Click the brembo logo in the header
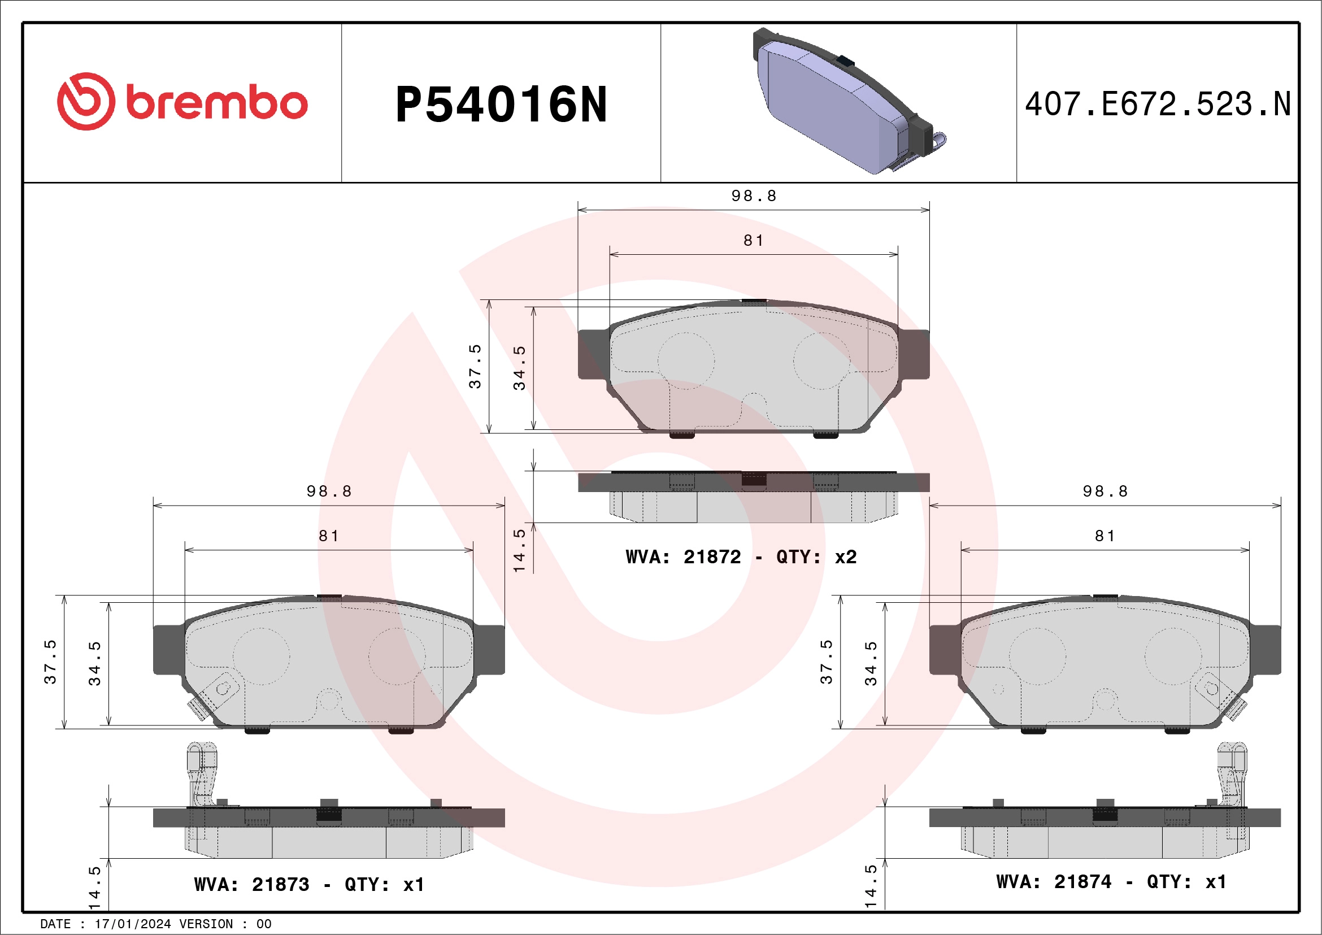tap(182, 102)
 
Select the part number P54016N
tap(501, 105)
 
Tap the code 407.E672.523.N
tap(1158, 104)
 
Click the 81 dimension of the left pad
tap(329, 536)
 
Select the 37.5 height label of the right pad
tap(825, 662)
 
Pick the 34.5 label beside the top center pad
tap(519, 368)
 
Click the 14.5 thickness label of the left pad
tap(95, 887)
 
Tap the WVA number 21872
tap(712, 556)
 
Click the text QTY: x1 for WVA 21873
tap(384, 884)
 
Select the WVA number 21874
tap(1082, 881)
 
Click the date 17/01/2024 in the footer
tap(132, 924)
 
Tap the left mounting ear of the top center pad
tap(594, 354)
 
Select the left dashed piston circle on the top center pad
tap(686, 361)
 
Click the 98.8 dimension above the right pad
tap(1104, 492)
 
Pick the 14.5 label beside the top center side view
tap(519, 550)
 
